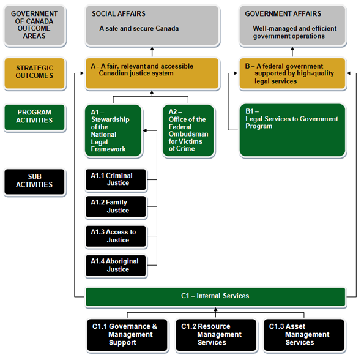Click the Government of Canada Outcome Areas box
[x=34, y=26]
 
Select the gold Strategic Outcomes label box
[x=34, y=72]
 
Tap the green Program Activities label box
[x=34, y=117]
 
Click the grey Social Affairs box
[x=152, y=26]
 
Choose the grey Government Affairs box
[x=292, y=26]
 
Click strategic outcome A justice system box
[x=152, y=72]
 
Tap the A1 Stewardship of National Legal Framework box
[x=113, y=131]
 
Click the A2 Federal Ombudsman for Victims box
[x=188, y=131]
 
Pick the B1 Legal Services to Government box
[x=292, y=130]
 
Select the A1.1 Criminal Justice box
[x=116, y=179]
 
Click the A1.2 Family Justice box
[x=116, y=207]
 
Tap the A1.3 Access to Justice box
[x=116, y=236]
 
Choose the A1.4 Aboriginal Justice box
[x=116, y=265]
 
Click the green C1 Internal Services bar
[x=215, y=296]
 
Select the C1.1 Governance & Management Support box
[x=127, y=335]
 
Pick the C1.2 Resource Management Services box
[x=216, y=335]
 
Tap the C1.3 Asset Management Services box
[x=304, y=335]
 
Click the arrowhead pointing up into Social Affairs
[x=152, y=49]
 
